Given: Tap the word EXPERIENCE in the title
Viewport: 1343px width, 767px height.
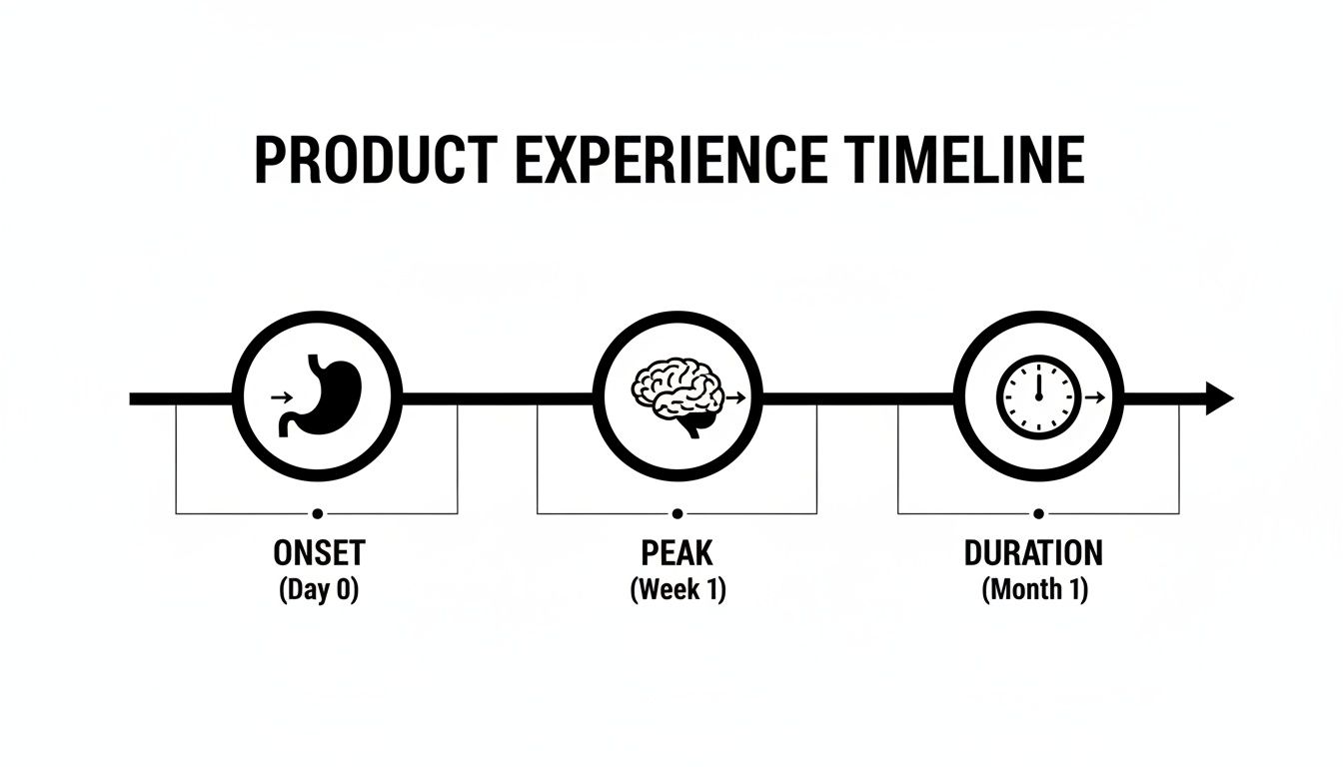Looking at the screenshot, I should pyautogui.click(x=671, y=161).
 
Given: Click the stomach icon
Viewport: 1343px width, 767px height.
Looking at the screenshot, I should pyautogui.click(x=322, y=396).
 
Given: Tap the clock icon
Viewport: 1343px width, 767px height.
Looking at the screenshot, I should pyautogui.click(x=1038, y=396).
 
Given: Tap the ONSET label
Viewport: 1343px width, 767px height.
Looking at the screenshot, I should pyautogui.click(x=319, y=552).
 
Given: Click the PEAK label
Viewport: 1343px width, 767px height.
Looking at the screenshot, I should pyautogui.click(x=677, y=552).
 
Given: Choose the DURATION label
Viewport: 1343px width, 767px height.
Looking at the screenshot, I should pyautogui.click(x=1033, y=552).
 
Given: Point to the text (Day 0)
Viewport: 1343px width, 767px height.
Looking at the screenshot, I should pyautogui.click(x=318, y=589).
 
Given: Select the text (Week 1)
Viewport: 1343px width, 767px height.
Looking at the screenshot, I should pyautogui.click(x=677, y=589).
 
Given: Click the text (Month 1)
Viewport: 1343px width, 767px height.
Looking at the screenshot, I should pyautogui.click(x=1034, y=589).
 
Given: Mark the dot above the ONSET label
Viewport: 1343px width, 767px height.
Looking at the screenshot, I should pyautogui.click(x=317, y=513).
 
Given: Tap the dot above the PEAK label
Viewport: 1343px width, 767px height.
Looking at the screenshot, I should pyautogui.click(x=677, y=513).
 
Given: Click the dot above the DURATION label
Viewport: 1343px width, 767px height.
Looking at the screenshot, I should pyautogui.click(x=1038, y=513).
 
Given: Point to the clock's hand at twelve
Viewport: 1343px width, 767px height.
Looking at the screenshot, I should pyautogui.click(x=1038, y=383).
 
